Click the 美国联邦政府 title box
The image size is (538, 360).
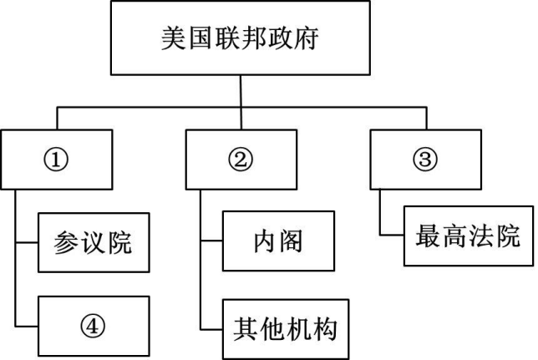241,38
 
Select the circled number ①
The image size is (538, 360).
56,160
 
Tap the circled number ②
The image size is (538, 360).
241,160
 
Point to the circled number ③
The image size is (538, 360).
425,160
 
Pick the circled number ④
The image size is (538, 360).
93,326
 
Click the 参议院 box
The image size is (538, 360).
94,242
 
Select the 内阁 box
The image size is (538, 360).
278,241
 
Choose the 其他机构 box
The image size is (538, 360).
286,329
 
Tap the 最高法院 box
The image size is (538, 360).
469,236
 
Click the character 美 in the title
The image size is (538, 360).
173,38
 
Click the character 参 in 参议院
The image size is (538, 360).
66,243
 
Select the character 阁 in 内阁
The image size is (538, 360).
291,241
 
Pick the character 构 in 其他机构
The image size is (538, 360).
325,329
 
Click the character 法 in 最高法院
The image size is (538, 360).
482,236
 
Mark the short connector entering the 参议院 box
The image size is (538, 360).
27,242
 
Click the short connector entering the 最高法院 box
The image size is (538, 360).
392,236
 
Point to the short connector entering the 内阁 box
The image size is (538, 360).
211,241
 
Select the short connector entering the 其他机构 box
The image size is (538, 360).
211,330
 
